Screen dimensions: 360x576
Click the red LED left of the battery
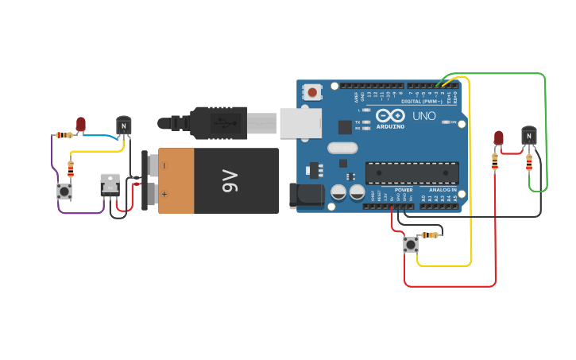pos(80,123)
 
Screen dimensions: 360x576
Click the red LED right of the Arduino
pos(498,137)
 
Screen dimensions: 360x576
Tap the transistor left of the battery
pos(123,126)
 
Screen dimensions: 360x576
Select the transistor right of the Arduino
pos(528,135)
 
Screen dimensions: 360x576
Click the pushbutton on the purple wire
pos(64,192)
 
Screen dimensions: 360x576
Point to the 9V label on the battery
pos(229,180)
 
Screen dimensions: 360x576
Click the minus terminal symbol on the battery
pos(164,165)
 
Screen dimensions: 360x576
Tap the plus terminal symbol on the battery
pos(164,194)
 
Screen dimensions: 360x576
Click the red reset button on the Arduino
pos(312,92)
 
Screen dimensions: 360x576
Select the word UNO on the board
pos(423,116)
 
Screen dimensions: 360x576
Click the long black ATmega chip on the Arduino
pos(412,172)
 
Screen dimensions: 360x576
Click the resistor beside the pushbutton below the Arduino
pos(430,234)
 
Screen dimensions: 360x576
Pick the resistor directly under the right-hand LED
pos(496,161)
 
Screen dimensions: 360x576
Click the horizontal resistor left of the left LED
pos(64,135)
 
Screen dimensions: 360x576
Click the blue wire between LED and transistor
pos(102,136)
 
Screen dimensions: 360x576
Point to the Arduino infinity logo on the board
pos(390,116)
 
